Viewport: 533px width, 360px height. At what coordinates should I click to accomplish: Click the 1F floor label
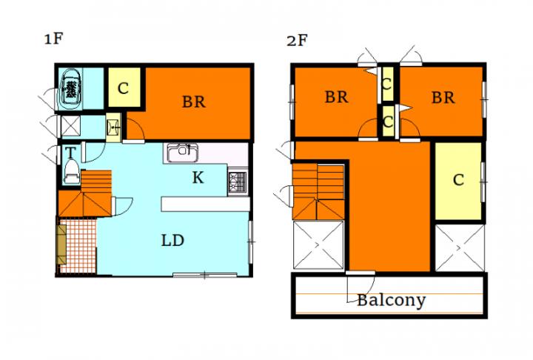(x=54, y=39)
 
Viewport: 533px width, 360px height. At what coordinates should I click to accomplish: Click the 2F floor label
(x=297, y=41)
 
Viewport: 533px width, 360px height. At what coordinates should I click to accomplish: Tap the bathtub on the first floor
(x=70, y=89)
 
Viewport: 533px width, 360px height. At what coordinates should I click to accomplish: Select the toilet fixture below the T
(x=72, y=172)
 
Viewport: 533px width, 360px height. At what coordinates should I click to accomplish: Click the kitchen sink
(x=183, y=153)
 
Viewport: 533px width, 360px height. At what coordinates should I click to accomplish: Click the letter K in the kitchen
(x=198, y=178)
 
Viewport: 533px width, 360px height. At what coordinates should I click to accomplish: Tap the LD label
(x=172, y=241)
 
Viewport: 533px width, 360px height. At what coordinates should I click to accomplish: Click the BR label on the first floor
(x=194, y=101)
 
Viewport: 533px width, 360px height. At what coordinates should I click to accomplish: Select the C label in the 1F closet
(x=123, y=88)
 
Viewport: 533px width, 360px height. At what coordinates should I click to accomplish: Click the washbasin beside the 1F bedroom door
(x=113, y=127)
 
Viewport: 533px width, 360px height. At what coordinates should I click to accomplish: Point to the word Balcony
(x=392, y=301)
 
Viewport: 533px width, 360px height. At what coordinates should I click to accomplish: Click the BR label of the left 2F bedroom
(x=337, y=97)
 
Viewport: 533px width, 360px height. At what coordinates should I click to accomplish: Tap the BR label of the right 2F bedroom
(x=443, y=98)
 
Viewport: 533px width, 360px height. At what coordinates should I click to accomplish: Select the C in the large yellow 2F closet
(x=458, y=180)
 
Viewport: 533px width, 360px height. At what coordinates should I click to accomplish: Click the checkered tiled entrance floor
(x=78, y=247)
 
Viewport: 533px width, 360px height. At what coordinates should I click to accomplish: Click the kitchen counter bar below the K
(x=205, y=204)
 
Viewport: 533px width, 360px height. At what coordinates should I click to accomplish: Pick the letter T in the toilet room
(x=70, y=153)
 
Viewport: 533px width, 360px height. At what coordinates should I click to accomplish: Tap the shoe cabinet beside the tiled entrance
(x=61, y=244)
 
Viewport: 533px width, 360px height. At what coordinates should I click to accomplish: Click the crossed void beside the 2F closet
(x=460, y=248)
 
